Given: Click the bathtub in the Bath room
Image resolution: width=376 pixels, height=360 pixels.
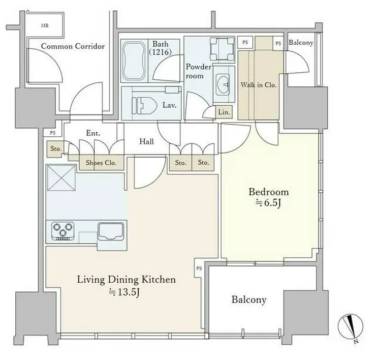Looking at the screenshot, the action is click(x=134, y=60).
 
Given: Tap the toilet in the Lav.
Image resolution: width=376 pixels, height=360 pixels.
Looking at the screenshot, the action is click(x=144, y=105).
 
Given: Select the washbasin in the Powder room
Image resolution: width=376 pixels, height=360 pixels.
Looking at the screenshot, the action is click(x=223, y=84).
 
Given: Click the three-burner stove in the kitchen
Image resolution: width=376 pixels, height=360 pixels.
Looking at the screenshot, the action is click(x=63, y=231).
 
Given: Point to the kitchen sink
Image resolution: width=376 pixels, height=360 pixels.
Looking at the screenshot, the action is click(x=111, y=231).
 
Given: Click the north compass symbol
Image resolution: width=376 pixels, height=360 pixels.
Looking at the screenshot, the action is click(x=351, y=327).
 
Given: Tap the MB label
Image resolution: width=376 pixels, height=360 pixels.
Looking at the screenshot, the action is click(x=45, y=25).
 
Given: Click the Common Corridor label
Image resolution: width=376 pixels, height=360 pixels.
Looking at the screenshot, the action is click(x=73, y=46).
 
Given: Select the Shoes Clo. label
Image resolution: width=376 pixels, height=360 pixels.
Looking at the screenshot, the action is click(x=101, y=163).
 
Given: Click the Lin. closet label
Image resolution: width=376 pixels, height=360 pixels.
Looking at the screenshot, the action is click(x=224, y=112).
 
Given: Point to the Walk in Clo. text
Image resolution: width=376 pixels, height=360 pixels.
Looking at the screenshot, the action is click(x=259, y=85).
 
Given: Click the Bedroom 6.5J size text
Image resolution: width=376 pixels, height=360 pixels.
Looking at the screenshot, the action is click(x=268, y=203).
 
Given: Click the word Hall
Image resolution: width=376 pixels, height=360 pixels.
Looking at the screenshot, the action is click(x=146, y=141).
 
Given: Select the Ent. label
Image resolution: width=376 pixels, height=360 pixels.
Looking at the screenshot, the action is click(x=93, y=133).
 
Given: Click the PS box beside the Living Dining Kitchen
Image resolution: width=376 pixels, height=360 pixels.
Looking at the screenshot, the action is click(x=199, y=268).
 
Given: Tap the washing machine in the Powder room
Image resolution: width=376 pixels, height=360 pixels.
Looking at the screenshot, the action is click(x=222, y=48).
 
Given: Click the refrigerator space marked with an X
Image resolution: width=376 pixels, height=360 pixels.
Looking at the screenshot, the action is click(x=61, y=178).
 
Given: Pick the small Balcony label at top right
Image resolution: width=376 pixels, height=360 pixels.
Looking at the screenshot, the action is click(x=301, y=43).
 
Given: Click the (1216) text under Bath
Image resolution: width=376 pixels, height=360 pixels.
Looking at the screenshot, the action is click(x=161, y=52).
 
